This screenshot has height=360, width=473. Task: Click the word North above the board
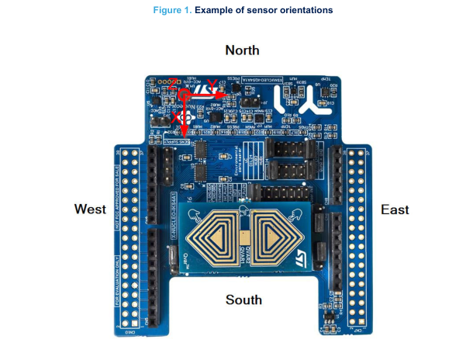point(242,50)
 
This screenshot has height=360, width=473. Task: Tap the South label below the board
point(243,299)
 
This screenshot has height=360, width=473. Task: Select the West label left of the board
point(90,209)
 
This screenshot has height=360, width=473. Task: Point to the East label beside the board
point(395,209)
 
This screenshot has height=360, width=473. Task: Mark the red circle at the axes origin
point(185,95)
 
